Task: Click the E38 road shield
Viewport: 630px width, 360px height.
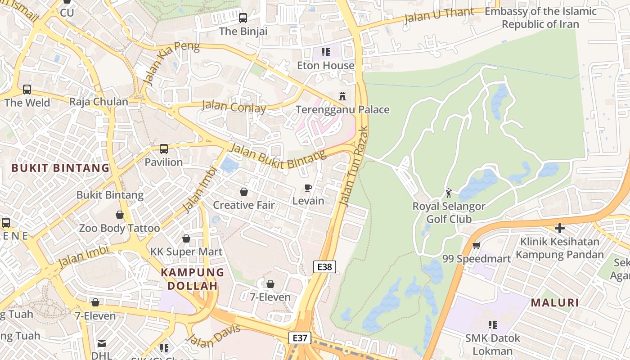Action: tap(324, 267)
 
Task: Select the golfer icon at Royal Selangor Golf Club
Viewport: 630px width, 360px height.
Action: tap(449, 193)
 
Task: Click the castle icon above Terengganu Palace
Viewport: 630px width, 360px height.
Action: tap(342, 96)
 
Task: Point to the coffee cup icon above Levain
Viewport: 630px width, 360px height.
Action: tap(308, 188)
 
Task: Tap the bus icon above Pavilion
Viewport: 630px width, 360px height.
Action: tap(164, 149)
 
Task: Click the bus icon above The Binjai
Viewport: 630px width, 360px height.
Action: tap(243, 18)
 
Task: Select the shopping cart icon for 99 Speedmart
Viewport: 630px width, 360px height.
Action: tap(477, 245)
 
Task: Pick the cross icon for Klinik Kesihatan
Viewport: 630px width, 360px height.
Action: tap(560, 228)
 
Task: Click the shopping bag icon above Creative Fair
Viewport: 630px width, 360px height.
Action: tap(243, 192)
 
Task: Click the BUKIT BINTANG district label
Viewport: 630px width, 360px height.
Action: tap(60, 168)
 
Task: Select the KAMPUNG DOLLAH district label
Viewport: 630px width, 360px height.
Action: tap(193, 279)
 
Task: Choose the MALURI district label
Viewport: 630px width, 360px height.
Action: tap(555, 303)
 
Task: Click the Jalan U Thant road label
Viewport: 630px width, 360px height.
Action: tap(439, 16)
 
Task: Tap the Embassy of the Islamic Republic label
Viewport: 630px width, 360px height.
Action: tap(540, 18)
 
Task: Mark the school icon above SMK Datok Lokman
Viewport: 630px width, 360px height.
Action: tap(493, 324)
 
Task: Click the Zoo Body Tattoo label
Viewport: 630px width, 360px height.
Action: tap(119, 228)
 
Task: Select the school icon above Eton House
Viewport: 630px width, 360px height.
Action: tap(326, 52)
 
